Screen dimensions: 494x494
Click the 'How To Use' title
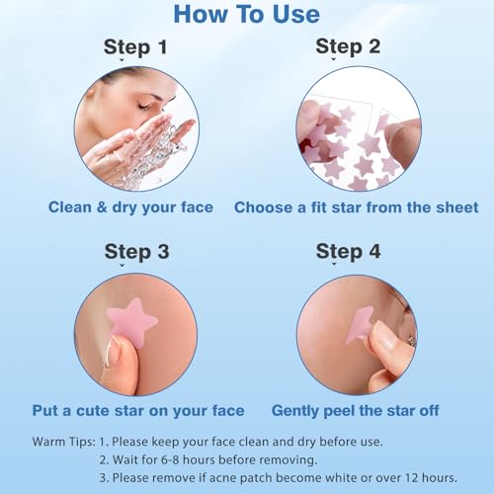tap(247, 14)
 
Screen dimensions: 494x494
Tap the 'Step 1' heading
tap(135, 47)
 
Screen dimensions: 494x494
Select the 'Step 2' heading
tap(348, 46)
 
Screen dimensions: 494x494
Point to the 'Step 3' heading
tap(136, 252)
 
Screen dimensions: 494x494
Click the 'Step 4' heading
tap(348, 252)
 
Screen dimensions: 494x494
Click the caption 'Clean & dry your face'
tap(130, 207)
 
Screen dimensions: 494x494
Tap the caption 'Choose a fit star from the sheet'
tap(356, 207)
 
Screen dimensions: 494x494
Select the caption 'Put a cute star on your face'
tap(138, 411)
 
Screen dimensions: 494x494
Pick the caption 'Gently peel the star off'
tap(355, 411)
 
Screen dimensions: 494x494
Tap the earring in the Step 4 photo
tap(413, 341)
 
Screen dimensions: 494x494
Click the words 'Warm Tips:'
tap(63, 442)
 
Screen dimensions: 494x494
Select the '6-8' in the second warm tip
tap(171, 459)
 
